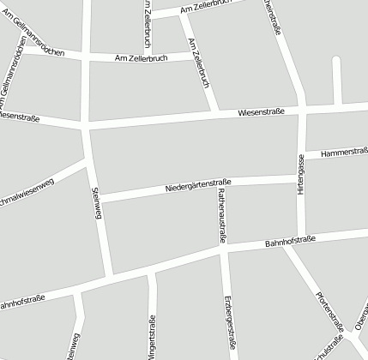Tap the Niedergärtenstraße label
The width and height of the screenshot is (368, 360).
(198, 184)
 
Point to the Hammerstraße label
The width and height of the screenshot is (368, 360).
(344, 153)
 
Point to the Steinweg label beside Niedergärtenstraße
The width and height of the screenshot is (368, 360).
(96, 207)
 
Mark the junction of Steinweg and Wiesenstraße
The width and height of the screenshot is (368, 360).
(86, 128)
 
